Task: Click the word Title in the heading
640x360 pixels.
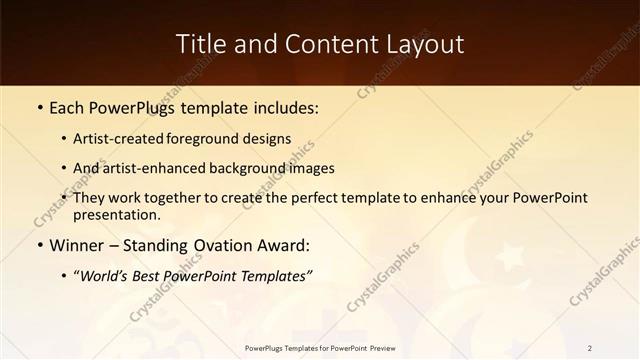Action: point(198,44)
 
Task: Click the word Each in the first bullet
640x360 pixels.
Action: point(68,107)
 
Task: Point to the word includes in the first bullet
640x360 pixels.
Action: point(282,107)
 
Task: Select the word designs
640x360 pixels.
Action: point(268,139)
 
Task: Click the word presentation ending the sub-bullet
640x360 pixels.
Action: point(117,214)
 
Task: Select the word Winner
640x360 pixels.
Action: point(77,245)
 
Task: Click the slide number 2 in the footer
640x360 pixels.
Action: point(590,348)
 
